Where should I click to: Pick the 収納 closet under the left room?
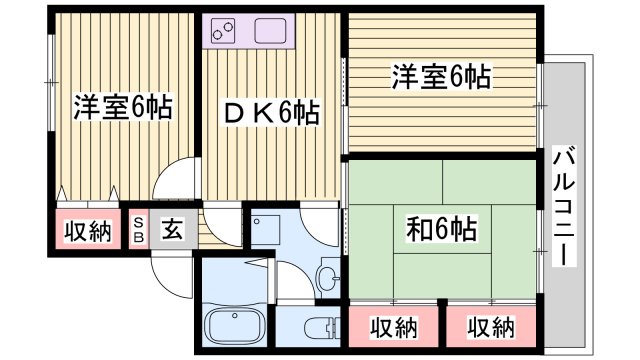pyautogui.click(x=88, y=231)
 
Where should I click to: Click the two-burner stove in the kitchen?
pyautogui.click(x=225, y=31)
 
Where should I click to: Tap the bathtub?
pyautogui.click(x=234, y=326)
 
